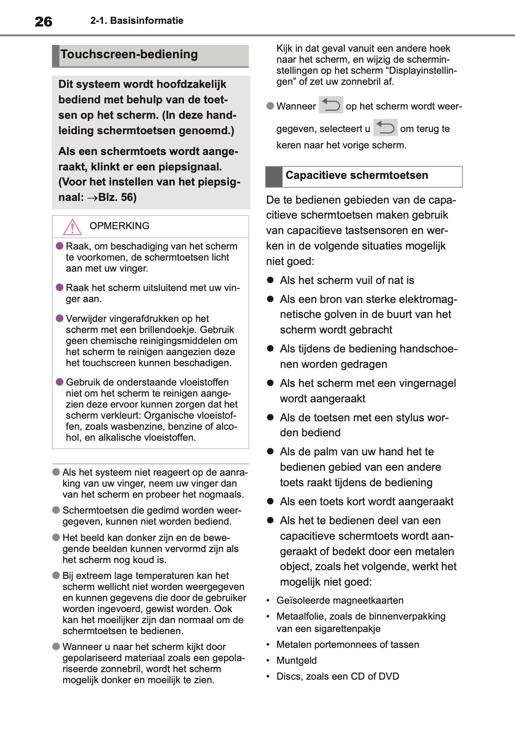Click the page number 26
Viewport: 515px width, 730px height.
(43, 22)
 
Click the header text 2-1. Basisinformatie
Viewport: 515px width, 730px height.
(137, 21)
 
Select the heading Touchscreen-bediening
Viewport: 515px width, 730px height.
(129, 54)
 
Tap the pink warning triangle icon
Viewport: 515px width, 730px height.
(72, 227)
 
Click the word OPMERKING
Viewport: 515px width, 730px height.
(119, 226)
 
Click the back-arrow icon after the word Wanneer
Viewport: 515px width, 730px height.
(331, 106)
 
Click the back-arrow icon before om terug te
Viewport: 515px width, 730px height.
(385, 128)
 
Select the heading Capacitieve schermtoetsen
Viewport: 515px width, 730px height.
(356, 175)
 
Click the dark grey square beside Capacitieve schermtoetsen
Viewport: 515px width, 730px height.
(274, 177)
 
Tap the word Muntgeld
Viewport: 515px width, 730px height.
(296, 661)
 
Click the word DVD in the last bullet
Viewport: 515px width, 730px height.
(389, 677)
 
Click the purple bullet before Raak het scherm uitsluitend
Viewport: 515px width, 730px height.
(60, 287)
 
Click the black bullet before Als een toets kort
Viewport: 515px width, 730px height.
(271, 501)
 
